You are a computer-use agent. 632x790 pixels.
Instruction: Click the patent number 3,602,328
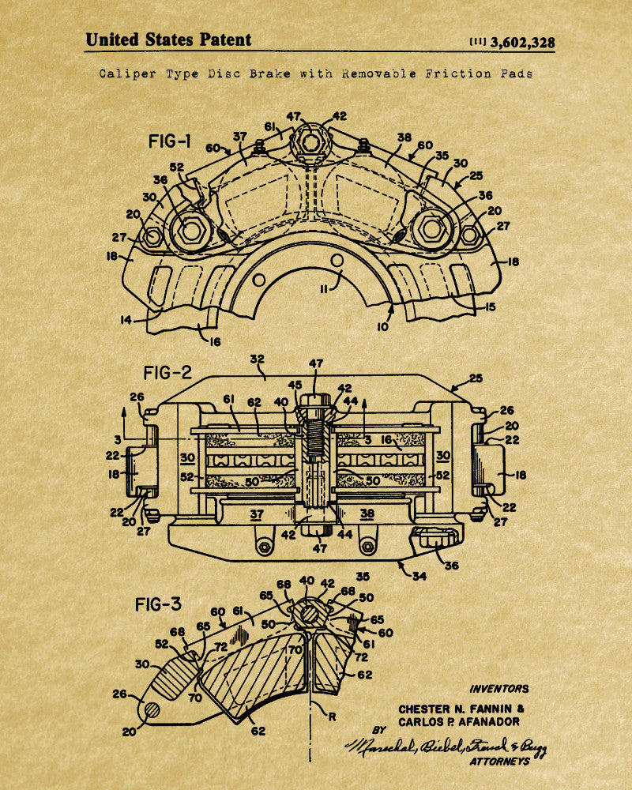coord(522,43)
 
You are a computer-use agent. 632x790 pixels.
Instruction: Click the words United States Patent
coord(168,39)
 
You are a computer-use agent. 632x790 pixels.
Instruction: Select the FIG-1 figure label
coord(169,142)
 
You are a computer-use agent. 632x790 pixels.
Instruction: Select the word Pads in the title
coord(516,73)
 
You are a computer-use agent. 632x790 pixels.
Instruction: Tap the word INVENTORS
coord(499,689)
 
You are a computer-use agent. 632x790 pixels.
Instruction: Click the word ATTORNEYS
coord(499,762)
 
